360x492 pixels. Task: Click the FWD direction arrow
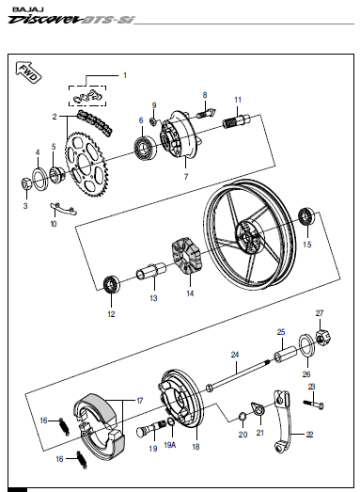tap(28, 72)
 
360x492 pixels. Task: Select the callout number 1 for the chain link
tap(125, 75)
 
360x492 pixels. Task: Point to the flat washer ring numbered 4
tap(40, 179)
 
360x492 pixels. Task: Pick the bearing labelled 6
tap(145, 148)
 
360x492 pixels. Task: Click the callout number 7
tap(186, 177)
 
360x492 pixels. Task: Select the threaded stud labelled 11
tap(237, 121)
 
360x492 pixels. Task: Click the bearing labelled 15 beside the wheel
tap(307, 216)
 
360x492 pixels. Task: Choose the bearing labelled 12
tap(112, 284)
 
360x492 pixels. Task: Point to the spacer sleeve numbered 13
tap(151, 271)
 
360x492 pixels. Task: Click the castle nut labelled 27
tap(323, 338)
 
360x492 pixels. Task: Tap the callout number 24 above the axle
tap(235, 355)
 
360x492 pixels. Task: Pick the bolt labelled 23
tap(313, 405)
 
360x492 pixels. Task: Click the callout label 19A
tap(170, 445)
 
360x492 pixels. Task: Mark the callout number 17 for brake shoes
tap(139, 401)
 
